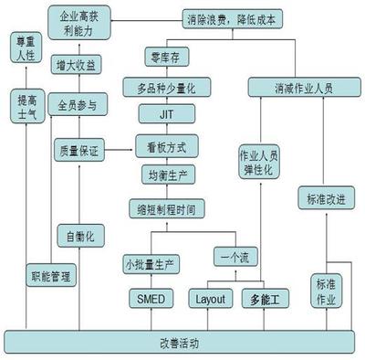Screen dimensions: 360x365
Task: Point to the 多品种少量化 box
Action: pos(166,88)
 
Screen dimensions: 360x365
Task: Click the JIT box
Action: pos(165,115)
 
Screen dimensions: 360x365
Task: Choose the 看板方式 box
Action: pos(165,145)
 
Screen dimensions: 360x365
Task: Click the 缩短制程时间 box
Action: pos(165,208)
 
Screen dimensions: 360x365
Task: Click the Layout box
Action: pos(211,298)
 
